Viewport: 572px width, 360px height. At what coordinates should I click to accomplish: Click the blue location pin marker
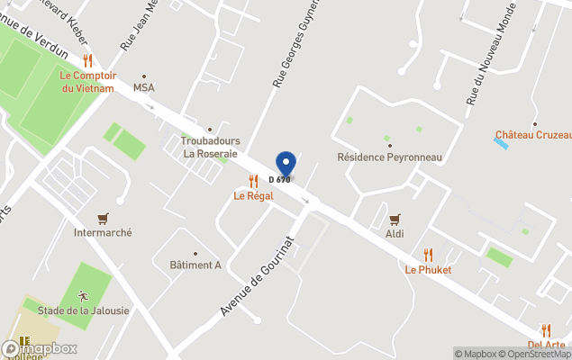pyautogui.click(x=286, y=163)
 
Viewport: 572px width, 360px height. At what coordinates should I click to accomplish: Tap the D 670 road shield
pyautogui.click(x=279, y=180)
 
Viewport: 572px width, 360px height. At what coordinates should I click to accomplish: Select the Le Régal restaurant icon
pyautogui.click(x=253, y=181)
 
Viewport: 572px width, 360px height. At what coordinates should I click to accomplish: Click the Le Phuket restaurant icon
pyautogui.click(x=428, y=255)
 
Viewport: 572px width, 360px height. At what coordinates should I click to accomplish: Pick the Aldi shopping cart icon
pyautogui.click(x=395, y=219)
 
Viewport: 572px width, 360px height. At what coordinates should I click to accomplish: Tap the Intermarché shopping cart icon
pyautogui.click(x=103, y=218)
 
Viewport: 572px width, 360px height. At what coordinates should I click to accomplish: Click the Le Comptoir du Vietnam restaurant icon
pyautogui.click(x=87, y=60)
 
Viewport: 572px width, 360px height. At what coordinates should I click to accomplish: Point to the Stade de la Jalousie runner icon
pyautogui.click(x=83, y=296)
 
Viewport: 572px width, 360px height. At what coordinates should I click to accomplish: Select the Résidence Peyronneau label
pyautogui.click(x=389, y=157)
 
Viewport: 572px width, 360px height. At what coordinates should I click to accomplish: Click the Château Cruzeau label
pyautogui.click(x=533, y=135)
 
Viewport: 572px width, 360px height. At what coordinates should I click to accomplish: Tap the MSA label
pyautogui.click(x=144, y=87)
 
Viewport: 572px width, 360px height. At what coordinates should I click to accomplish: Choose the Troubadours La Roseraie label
pyautogui.click(x=210, y=147)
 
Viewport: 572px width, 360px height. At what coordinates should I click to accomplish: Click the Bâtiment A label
pyautogui.click(x=195, y=265)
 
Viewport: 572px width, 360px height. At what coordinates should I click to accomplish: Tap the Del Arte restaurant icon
pyautogui.click(x=546, y=330)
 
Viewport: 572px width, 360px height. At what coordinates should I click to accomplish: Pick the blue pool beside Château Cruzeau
pyautogui.click(x=501, y=143)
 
